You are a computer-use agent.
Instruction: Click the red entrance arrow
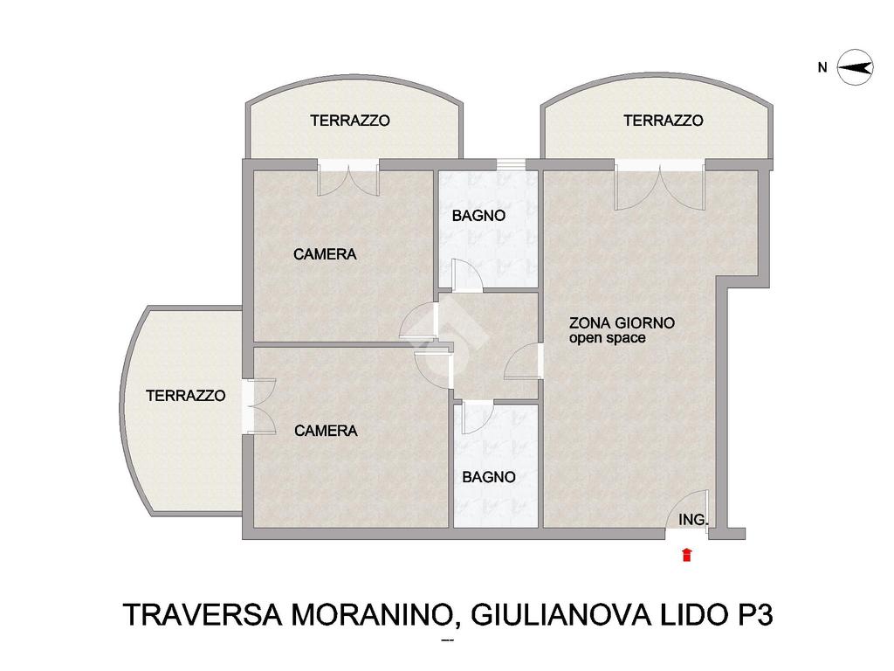tap(687, 554)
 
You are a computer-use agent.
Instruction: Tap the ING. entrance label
tap(693, 520)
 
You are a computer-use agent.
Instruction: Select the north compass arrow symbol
tap(856, 68)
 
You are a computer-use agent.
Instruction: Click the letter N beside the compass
tap(822, 68)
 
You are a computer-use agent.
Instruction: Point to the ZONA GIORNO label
tap(622, 323)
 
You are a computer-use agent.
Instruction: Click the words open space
tap(608, 338)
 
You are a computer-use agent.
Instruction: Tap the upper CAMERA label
tap(325, 254)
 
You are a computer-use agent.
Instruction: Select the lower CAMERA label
tap(327, 430)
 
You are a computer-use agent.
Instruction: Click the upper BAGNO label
tap(479, 216)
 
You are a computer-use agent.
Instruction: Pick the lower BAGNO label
tap(489, 477)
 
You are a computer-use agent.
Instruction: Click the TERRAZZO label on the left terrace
tap(186, 396)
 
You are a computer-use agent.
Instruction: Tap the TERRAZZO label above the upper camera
tap(350, 121)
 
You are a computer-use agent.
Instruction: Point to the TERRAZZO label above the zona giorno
tap(664, 121)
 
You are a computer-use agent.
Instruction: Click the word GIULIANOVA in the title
tap(561, 615)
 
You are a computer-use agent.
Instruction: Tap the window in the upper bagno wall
tap(511, 164)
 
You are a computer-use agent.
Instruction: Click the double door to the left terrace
tap(258, 406)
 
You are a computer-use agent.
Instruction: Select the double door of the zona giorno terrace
tap(660, 185)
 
